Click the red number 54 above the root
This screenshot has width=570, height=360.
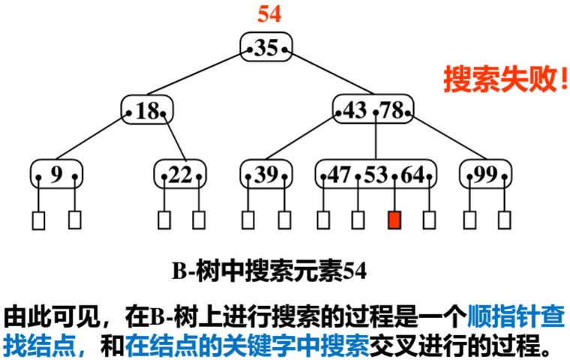(268, 14)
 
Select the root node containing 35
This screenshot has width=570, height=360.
(266, 48)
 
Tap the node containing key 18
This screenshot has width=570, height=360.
(148, 112)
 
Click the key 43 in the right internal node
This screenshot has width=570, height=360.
(355, 112)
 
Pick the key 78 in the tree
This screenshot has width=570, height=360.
(391, 112)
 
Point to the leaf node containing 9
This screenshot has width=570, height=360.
(57, 175)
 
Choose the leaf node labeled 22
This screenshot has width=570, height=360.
(180, 175)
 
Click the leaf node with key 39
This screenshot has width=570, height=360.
(266, 175)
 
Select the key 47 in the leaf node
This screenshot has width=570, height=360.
(339, 175)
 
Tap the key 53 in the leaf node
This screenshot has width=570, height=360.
(375, 175)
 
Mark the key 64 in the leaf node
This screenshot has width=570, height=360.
(412, 175)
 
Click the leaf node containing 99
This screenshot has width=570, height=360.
(486, 175)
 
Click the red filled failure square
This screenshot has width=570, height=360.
(394, 220)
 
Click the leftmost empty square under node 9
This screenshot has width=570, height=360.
(38, 220)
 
